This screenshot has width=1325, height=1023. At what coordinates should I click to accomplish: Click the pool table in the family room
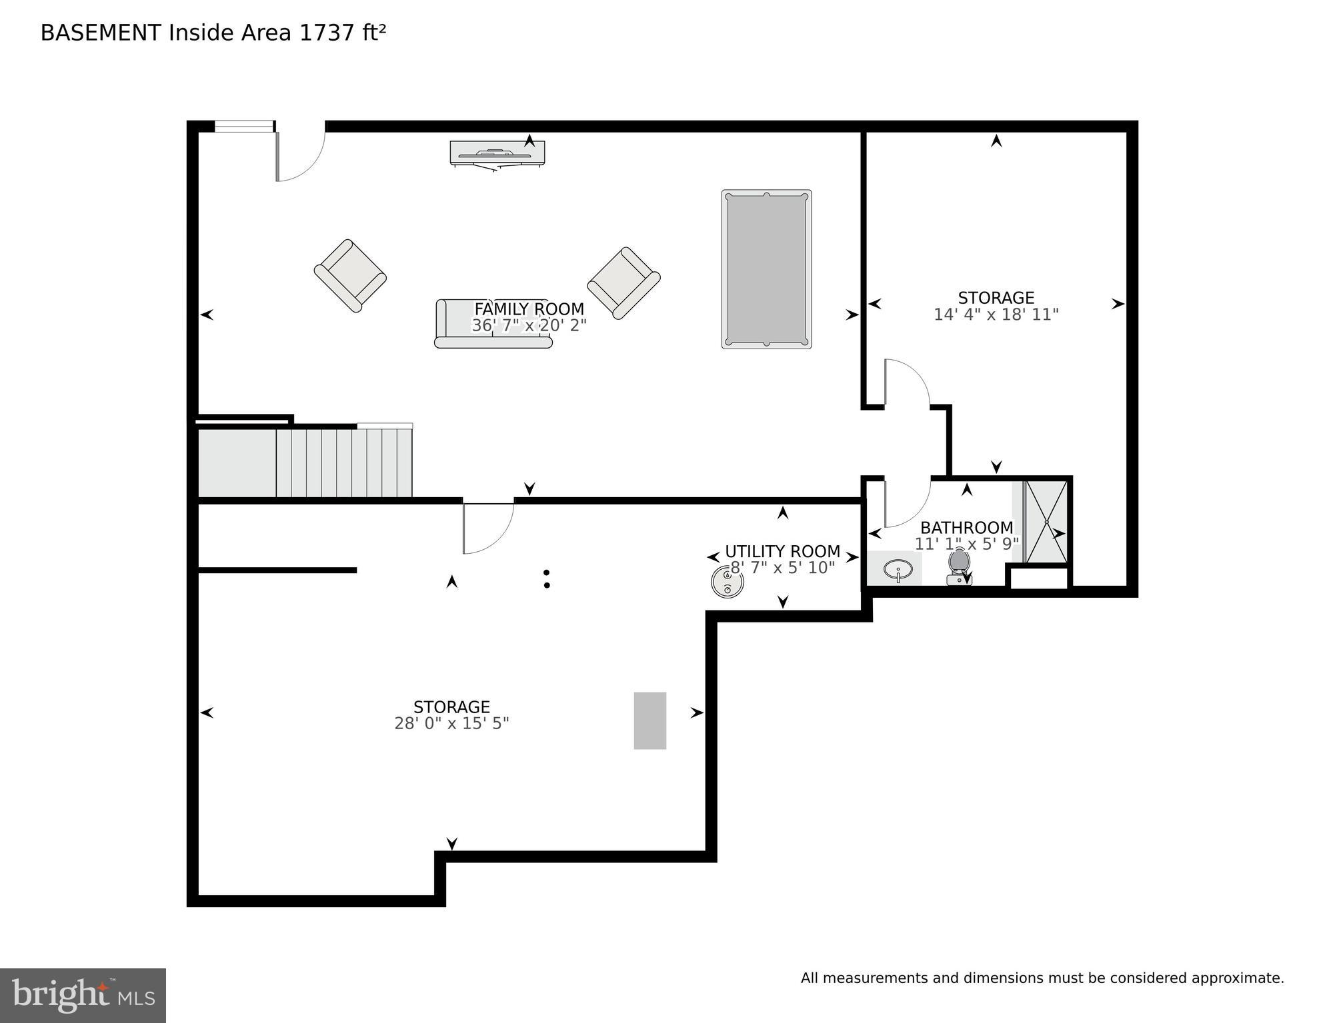(766, 269)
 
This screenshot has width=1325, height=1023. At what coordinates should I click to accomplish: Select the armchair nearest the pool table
(623, 283)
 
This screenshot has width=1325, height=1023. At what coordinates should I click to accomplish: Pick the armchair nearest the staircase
(350, 275)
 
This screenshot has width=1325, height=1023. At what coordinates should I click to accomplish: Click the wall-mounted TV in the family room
(497, 153)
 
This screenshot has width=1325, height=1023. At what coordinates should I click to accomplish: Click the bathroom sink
(898, 570)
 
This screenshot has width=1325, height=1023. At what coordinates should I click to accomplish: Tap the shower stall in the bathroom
(1046, 522)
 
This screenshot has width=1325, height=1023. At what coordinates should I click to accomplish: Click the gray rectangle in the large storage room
(649, 720)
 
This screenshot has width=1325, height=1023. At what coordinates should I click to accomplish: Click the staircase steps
(343, 463)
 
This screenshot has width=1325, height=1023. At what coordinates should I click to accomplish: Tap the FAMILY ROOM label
(529, 309)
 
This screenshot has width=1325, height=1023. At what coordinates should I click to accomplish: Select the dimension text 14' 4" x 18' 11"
(996, 315)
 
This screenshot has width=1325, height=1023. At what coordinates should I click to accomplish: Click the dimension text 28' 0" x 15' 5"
(451, 724)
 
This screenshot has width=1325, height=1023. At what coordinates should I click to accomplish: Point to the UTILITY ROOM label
(782, 552)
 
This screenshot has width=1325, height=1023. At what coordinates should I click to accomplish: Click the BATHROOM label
(966, 528)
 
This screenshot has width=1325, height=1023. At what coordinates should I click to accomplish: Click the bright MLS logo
(83, 996)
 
